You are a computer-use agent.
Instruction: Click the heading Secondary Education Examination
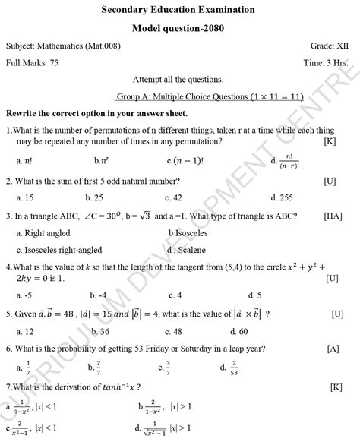[178, 10]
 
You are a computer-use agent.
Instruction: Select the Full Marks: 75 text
[32, 63]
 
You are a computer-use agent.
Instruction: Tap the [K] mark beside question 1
[330, 141]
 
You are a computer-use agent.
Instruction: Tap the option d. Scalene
[188, 250]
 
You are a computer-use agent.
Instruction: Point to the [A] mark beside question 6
[333, 349]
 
